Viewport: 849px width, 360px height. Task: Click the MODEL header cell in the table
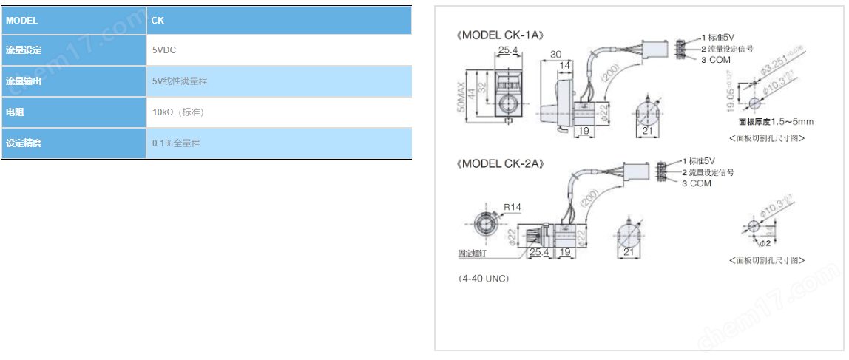[x=22, y=21]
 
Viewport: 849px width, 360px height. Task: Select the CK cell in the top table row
[x=158, y=21]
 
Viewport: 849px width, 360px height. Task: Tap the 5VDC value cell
[x=163, y=50]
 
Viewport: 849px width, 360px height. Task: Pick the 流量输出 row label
[x=24, y=81]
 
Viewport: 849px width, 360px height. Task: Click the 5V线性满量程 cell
[x=180, y=81]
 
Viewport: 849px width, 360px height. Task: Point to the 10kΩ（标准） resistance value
[x=178, y=112]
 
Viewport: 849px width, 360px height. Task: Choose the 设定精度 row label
[x=24, y=143]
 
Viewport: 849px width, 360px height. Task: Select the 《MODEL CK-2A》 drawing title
[x=500, y=163]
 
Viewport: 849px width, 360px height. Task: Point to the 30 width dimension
[x=557, y=55]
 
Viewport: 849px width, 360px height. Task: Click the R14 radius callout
[x=512, y=206]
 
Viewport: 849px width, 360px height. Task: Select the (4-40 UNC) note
[x=483, y=279]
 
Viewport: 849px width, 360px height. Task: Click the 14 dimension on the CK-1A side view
[x=564, y=67]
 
